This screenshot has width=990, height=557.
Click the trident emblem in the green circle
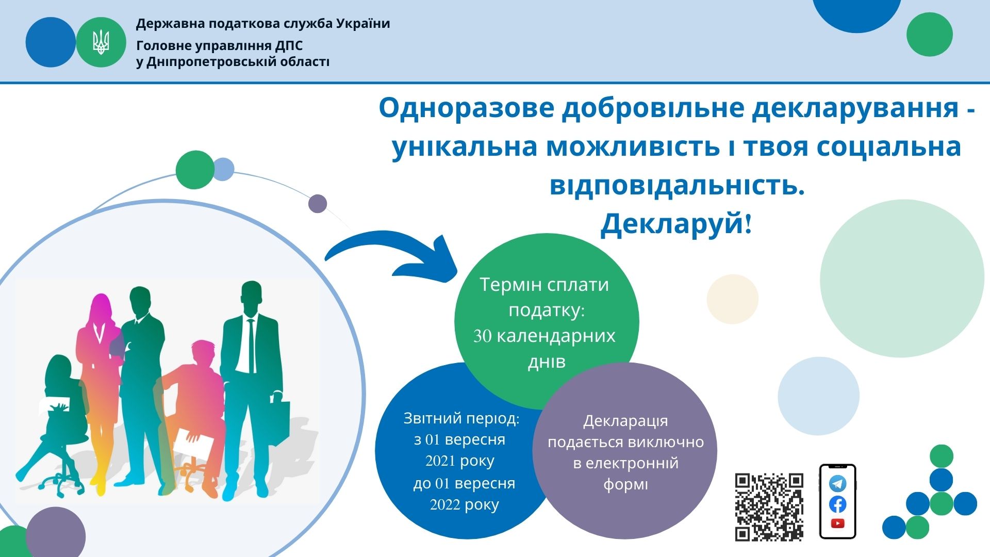101,42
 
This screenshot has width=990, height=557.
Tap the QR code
769,507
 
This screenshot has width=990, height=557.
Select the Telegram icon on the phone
838,484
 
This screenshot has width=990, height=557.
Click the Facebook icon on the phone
838,504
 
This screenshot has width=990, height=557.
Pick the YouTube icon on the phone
838,523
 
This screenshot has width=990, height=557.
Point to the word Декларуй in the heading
672,223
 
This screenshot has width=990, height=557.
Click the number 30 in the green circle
482,336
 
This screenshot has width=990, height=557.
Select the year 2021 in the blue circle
440,461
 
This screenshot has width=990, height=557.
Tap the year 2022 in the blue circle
444,504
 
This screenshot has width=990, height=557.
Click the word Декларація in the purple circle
625,421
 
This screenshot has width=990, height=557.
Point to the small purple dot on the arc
318,204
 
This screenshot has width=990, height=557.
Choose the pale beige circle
732,299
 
